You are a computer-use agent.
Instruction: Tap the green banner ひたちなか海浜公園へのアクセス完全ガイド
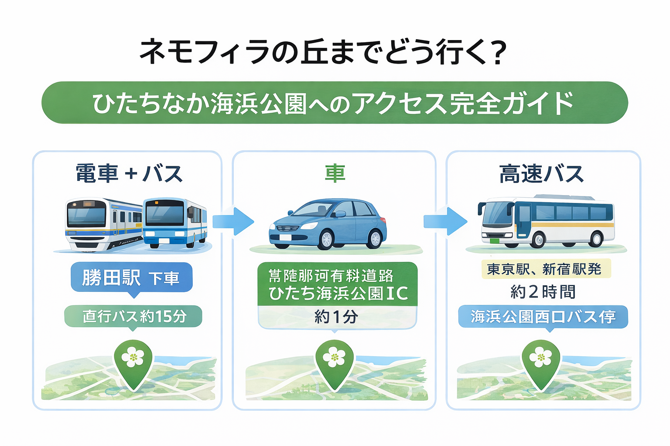[334, 103]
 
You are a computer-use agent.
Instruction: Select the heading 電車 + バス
[129, 174]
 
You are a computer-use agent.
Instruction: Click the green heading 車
[335, 173]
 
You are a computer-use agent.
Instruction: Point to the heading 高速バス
[541, 174]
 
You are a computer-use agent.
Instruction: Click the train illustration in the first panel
[104, 224]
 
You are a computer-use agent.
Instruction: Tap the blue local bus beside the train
[174, 223]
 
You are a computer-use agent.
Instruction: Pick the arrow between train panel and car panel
[233, 221]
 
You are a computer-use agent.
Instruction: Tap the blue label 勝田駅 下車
[131, 277]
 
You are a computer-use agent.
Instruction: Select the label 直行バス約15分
[133, 316]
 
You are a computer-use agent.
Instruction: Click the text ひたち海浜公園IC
[338, 294]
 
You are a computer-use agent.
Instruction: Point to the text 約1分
[336, 317]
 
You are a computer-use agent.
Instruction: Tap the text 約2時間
[543, 292]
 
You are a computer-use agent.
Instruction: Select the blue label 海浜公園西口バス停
[543, 317]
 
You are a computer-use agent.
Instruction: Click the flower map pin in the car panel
[335, 362]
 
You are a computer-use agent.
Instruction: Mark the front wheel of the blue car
[326, 239]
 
